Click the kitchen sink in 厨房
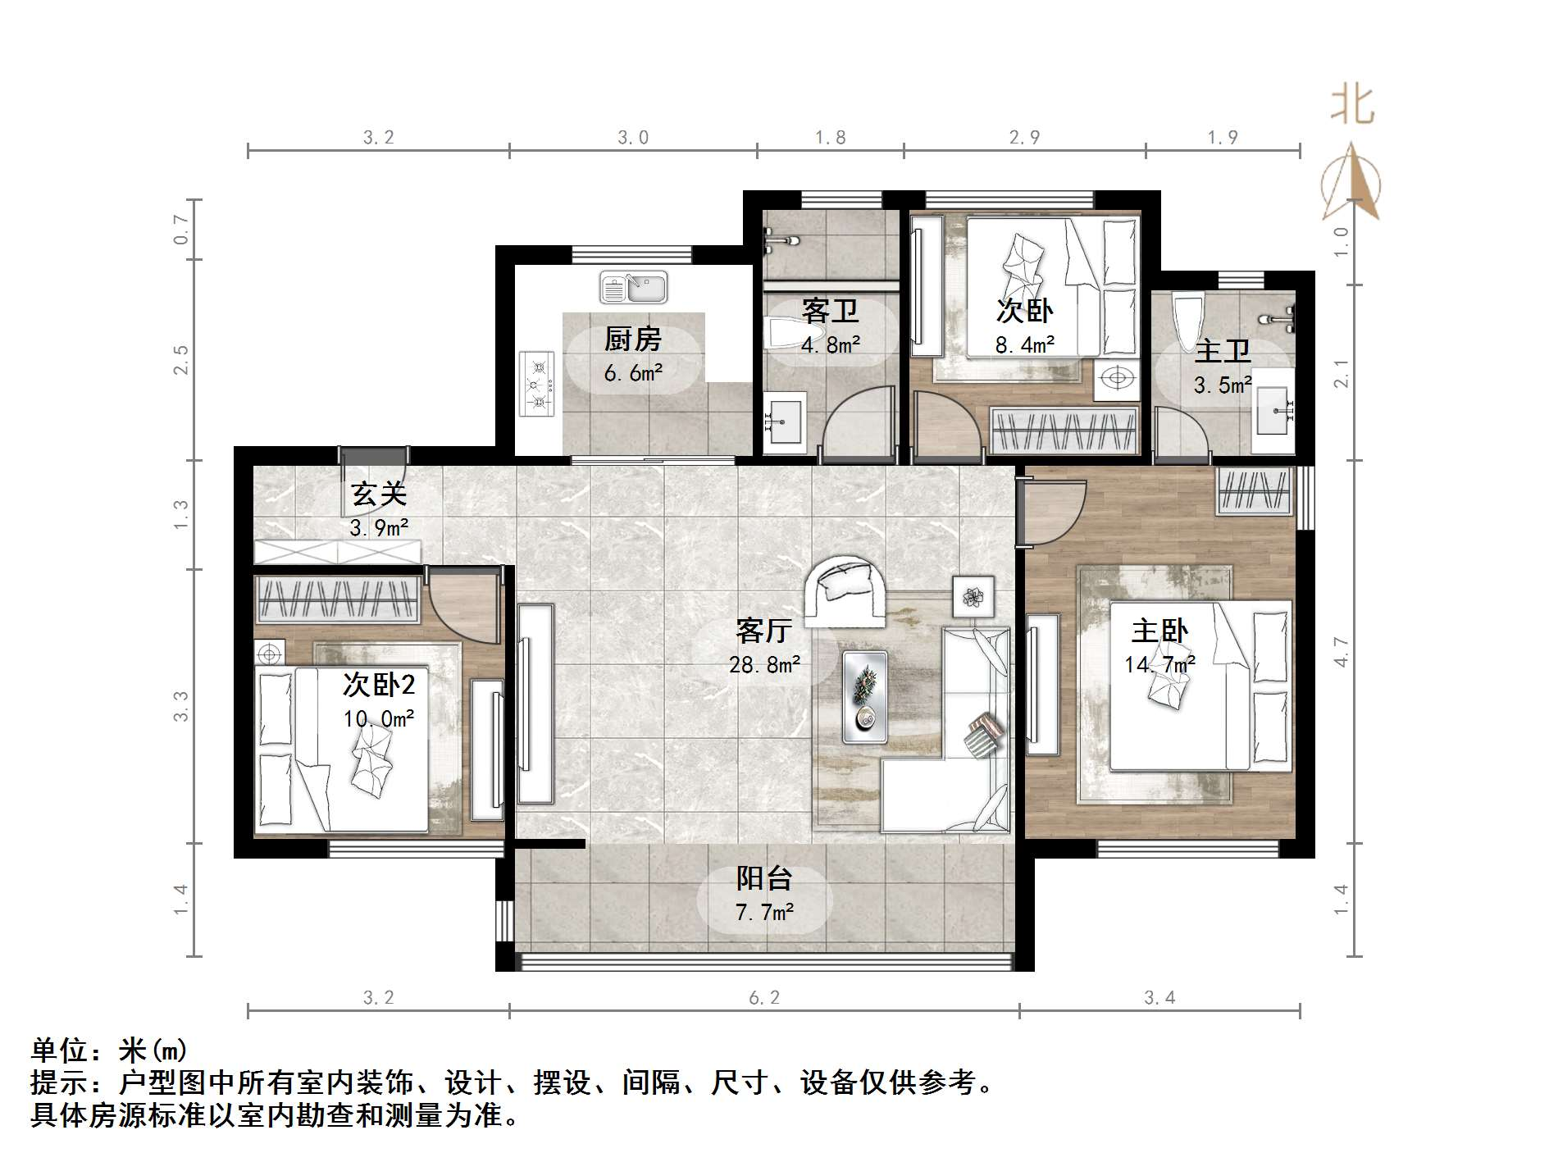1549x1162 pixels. tap(633, 287)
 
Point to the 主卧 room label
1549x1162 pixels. tap(1159, 631)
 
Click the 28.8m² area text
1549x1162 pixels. tap(764, 664)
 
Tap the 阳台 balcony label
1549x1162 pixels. tap(763, 878)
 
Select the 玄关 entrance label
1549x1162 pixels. tap(379, 494)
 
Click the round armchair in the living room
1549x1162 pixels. tap(845, 591)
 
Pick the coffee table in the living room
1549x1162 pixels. tap(864, 697)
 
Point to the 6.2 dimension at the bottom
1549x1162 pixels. tap(764, 998)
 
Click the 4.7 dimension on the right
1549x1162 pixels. tap(1342, 652)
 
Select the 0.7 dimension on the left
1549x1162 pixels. tap(181, 230)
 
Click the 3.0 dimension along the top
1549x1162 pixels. tap(633, 138)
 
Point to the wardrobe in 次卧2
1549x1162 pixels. tap(338, 598)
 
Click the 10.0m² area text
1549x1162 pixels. tap(378, 719)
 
